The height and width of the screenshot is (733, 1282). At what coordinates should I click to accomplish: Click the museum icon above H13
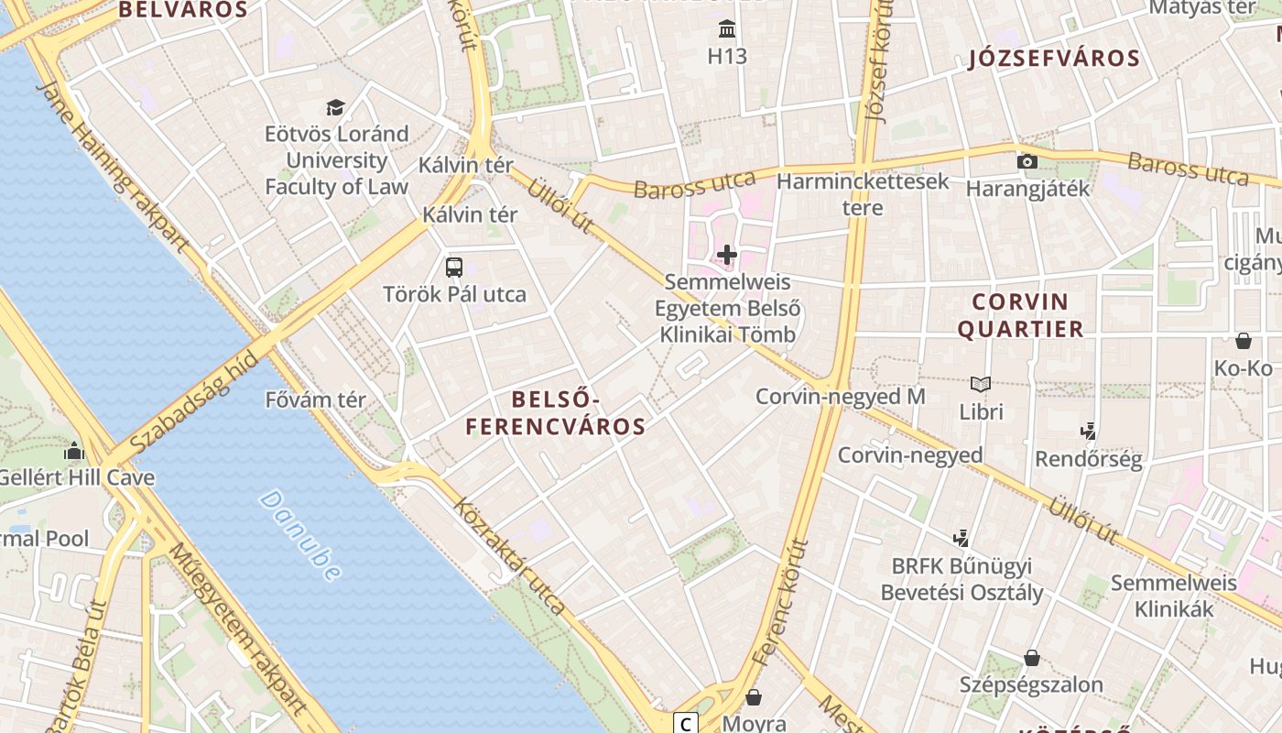(x=727, y=29)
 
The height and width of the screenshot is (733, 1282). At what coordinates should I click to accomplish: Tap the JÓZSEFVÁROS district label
(x=1054, y=60)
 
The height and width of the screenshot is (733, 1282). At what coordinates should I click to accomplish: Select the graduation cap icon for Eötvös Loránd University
(x=336, y=107)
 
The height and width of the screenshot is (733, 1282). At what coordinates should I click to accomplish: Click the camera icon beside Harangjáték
(x=1027, y=162)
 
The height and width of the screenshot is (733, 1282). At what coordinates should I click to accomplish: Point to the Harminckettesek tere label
(x=863, y=194)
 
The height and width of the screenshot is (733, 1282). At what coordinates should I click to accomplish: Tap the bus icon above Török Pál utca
(x=454, y=268)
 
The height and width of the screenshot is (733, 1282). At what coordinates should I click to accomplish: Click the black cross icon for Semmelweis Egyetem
(x=727, y=254)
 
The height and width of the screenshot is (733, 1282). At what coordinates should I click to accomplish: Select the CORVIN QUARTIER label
(x=1020, y=315)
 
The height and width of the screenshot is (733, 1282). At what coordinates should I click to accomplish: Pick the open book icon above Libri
(x=981, y=385)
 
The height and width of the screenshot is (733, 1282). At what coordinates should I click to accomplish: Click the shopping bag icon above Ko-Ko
(x=1244, y=341)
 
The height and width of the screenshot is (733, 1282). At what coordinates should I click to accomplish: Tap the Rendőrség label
(x=1089, y=460)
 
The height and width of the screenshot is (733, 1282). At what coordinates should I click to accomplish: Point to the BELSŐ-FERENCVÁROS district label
(x=556, y=413)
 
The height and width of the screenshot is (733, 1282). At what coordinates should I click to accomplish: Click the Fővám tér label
(x=315, y=400)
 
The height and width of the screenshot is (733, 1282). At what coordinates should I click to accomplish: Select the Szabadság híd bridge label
(x=192, y=403)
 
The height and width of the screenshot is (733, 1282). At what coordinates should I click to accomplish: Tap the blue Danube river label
(x=300, y=535)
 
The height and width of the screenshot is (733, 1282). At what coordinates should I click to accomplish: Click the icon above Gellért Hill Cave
(x=74, y=451)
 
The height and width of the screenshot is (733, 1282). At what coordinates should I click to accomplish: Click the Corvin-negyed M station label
(x=840, y=397)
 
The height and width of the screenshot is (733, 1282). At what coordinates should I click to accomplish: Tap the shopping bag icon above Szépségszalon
(x=1032, y=658)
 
